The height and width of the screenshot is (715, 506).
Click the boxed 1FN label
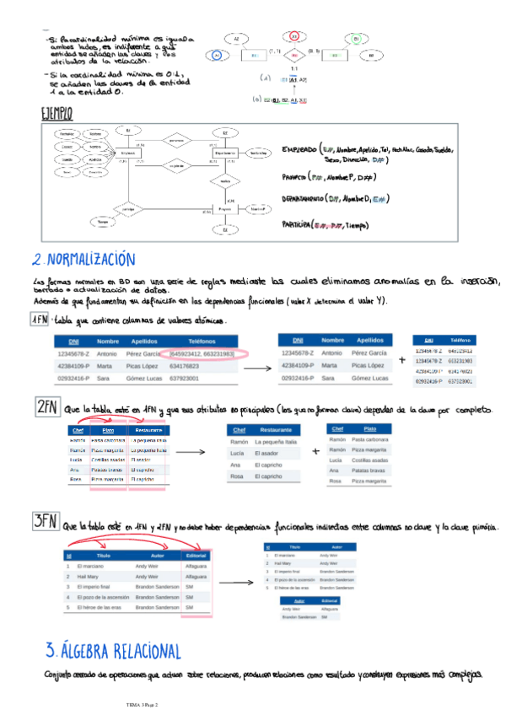(x=40, y=321)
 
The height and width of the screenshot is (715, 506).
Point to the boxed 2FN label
(x=46, y=408)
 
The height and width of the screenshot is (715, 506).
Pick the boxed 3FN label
(x=45, y=523)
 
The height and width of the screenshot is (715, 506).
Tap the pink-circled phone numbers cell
(x=202, y=353)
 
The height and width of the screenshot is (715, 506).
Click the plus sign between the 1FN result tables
(x=401, y=360)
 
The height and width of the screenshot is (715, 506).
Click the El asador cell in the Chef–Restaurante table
(x=268, y=454)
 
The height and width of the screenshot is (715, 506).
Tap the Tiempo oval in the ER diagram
(x=104, y=222)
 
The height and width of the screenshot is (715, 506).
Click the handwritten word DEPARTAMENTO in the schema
(x=309, y=200)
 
